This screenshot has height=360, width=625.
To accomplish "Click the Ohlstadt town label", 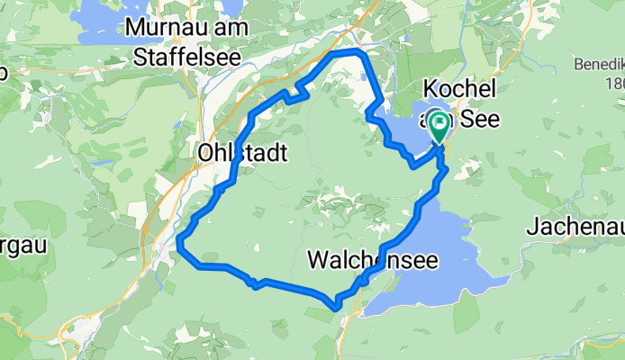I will coord(241,154).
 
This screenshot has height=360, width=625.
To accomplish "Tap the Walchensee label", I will coord(373,261).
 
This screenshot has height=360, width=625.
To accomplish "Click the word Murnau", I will coord(163,28).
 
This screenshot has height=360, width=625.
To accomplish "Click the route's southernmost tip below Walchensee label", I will coord(337,307).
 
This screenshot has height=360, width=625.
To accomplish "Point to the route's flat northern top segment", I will coord(348,54).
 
